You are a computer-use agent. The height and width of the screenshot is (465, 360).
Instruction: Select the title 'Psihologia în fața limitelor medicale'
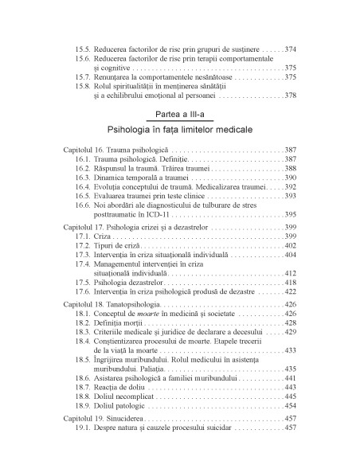click(x=179, y=129)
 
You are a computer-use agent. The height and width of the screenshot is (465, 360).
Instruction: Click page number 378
click(x=291, y=96)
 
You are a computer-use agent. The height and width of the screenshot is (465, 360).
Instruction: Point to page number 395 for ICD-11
click(x=291, y=214)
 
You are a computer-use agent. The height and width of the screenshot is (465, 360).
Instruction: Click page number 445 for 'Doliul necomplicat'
click(x=291, y=419)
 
